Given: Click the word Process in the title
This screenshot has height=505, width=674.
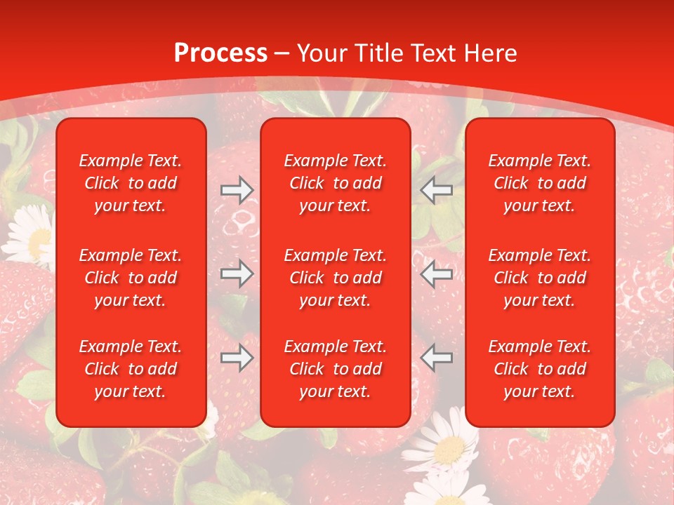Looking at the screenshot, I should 220,53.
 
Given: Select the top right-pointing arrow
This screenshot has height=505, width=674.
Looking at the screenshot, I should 237,190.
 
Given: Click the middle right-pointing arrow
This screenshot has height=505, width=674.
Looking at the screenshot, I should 237,274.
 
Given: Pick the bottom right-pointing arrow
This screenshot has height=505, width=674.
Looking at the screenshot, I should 237,358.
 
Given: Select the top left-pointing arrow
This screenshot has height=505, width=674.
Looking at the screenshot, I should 436,190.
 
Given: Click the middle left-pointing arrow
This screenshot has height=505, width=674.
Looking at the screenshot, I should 436,274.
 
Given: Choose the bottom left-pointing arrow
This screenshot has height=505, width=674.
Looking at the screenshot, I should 436,358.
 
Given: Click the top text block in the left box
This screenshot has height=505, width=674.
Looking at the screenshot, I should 131,183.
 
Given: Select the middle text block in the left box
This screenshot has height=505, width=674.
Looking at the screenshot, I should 131,278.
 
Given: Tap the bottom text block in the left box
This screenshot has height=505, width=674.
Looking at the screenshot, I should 131,369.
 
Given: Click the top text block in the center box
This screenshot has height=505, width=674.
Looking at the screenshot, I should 335,183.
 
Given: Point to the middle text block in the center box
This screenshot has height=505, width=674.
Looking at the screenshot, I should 335,278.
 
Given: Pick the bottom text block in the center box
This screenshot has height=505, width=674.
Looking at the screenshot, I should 335,369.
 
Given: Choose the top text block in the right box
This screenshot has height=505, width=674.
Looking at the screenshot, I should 539,183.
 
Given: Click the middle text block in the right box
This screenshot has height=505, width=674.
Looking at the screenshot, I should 539,278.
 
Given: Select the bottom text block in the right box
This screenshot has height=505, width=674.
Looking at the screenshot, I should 539,369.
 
